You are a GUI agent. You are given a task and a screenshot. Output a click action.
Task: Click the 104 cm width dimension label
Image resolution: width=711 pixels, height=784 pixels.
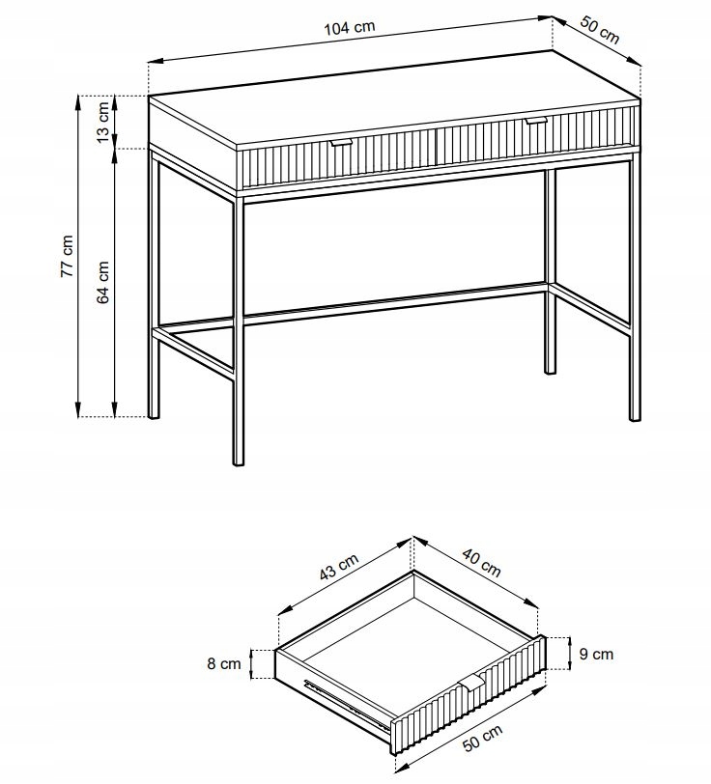350,27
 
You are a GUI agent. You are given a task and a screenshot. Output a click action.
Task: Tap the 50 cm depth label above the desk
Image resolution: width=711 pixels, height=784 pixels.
599,30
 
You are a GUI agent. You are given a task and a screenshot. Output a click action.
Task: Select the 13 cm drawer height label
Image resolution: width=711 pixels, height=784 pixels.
102,122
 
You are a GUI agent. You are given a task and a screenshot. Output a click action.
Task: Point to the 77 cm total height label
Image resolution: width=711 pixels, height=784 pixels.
67,256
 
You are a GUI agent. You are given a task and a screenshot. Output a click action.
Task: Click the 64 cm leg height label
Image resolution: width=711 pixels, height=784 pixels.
102,283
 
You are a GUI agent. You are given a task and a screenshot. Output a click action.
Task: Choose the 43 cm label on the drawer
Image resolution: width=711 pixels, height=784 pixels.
339,567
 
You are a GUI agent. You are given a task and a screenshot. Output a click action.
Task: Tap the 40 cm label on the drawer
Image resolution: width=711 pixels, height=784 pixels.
481,563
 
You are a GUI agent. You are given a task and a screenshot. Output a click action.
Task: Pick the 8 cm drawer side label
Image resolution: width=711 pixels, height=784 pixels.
224,663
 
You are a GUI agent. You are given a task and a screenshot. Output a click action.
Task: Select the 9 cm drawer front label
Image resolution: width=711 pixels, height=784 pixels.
596,654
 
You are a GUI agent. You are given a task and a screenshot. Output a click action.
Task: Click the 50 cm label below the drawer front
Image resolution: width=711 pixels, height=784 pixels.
482,738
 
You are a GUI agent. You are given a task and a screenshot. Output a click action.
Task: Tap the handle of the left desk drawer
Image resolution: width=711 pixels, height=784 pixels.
342,143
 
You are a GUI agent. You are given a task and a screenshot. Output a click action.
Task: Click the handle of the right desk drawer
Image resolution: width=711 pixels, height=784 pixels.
536,120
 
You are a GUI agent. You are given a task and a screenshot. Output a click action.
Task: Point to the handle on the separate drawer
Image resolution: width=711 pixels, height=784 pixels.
471,682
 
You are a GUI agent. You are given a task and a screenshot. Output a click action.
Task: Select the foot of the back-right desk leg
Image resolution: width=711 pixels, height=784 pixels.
550,370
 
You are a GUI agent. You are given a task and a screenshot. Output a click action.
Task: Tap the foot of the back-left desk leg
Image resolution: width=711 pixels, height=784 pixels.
155,414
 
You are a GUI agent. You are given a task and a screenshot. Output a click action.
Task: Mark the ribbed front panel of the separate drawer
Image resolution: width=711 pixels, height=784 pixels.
468,695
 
